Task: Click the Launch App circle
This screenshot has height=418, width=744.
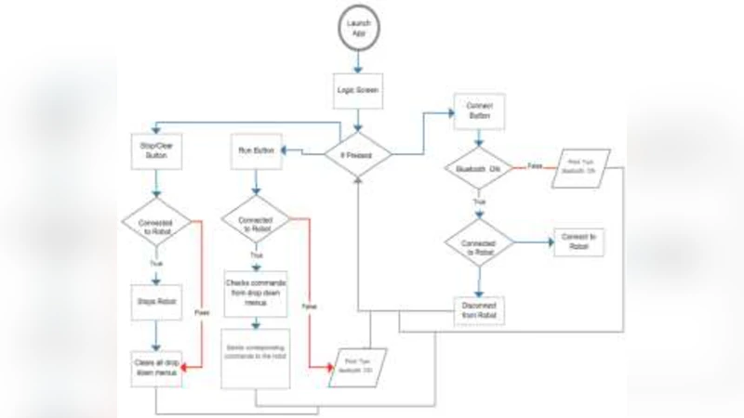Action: pyautogui.click(x=358, y=27)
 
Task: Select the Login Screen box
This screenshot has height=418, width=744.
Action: pyautogui.click(x=358, y=92)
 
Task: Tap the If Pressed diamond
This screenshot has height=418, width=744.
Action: pyautogui.click(x=358, y=153)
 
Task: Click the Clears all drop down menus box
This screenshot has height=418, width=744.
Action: pyautogui.click(x=155, y=369)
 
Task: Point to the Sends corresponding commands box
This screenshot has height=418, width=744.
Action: pyautogui.click(x=255, y=358)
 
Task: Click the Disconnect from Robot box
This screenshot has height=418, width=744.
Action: pyautogui.click(x=479, y=310)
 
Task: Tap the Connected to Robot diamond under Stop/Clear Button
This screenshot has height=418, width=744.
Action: pyautogui.click(x=155, y=223)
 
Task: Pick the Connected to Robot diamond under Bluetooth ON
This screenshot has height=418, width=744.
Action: pyautogui.click(x=479, y=243)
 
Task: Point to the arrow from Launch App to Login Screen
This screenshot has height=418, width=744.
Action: pyautogui.click(x=358, y=60)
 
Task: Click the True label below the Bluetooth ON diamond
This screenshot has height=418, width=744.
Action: pyautogui.click(x=480, y=201)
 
